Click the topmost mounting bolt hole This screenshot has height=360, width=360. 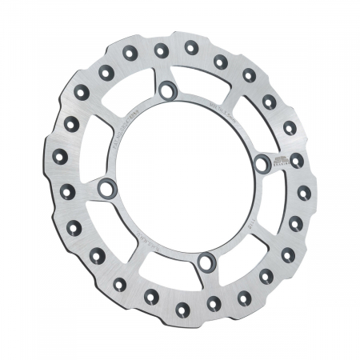coord(166,90)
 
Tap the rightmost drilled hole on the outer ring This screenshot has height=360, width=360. coord(303,192)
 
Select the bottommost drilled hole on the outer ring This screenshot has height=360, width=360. coord(183,305)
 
